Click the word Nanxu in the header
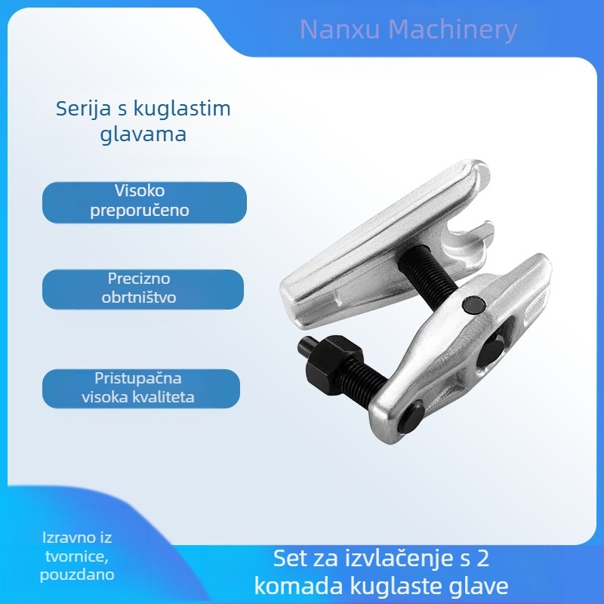click(x=341, y=29)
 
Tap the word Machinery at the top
click(x=452, y=30)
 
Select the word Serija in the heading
click(x=84, y=109)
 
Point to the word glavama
click(x=143, y=134)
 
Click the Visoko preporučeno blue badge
click(x=144, y=202)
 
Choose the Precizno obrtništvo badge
click(x=143, y=289)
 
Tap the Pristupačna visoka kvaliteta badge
click(x=141, y=388)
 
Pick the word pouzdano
click(x=77, y=575)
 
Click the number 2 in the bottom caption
click(x=482, y=558)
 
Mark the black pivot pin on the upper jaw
click(x=473, y=306)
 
